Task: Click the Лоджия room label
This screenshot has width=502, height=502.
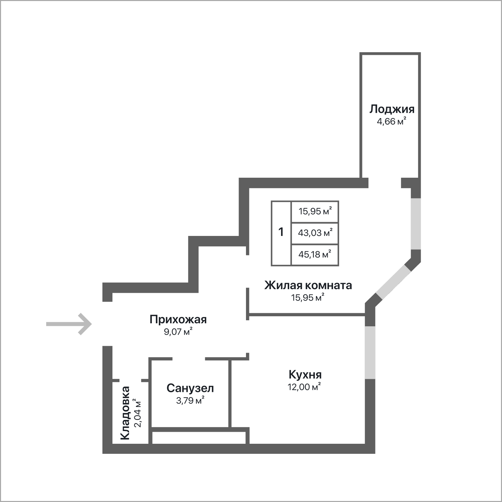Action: click(392, 109)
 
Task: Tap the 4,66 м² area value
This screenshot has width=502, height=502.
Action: click(392, 121)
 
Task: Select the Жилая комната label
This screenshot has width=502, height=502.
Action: click(308, 285)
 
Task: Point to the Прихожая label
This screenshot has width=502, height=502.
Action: click(178, 319)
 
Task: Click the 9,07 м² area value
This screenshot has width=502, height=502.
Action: click(178, 332)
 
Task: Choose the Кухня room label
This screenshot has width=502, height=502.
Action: click(305, 374)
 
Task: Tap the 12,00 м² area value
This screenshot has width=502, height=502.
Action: click(304, 387)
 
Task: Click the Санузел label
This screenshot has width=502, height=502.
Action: click(190, 388)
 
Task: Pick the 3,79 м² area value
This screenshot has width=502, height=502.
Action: click(190, 400)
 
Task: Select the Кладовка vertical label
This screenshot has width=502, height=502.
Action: click(125, 413)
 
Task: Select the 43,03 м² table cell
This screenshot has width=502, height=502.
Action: click(315, 233)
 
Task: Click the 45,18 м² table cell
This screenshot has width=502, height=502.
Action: click(315, 254)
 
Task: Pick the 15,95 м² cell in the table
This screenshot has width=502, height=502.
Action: click(315, 212)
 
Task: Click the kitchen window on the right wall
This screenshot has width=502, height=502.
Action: click(370, 352)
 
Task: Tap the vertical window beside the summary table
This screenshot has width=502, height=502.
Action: click(416, 224)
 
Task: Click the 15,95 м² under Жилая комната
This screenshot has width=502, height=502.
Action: click(308, 297)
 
